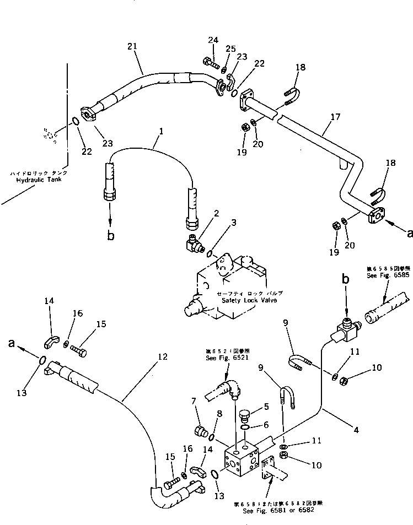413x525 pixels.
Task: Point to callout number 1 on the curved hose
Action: pos(161,132)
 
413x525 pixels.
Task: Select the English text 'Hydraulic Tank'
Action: pos(38,180)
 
